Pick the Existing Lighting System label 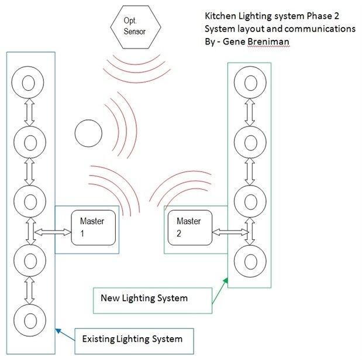coord(132,338)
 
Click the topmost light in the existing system coord(29,83)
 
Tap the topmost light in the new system coord(250,83)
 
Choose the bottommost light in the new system coord(250,259)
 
